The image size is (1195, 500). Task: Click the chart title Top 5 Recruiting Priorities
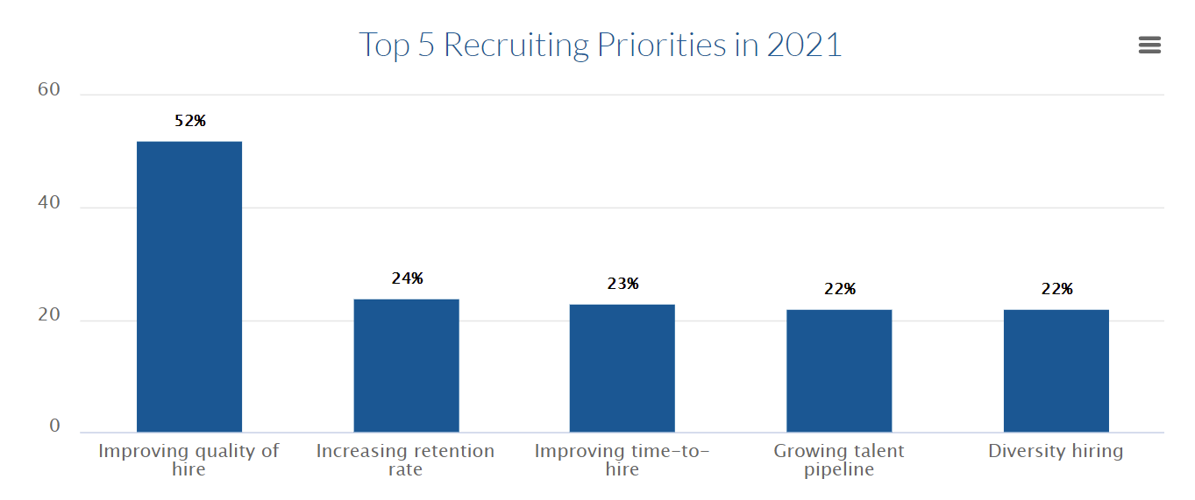(x=600, y=45)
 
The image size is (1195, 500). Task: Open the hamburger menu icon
(x=1149, y=46)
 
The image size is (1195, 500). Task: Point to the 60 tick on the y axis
(x=49, y=90)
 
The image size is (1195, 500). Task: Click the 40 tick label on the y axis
(x=49, y=203)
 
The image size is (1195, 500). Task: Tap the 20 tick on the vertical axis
(x=49, y=316)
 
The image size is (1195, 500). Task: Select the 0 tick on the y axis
(x=55, y=426)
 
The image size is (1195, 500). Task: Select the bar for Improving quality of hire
(x=189, y=286)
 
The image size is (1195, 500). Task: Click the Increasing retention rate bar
(x=406, y=365)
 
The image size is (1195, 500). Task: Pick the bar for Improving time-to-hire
(x=622, y=368)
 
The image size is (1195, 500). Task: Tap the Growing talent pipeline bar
(x=839, y=370)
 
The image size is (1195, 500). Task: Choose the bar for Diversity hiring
(x=1056, y=370)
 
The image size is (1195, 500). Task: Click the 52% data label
(x=190, y=121)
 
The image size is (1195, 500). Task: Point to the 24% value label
(x=407, y=278)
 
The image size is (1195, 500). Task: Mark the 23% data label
(x=623, y=284)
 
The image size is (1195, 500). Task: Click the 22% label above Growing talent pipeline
(x=840, y=289)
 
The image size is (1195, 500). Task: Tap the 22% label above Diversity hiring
(x=1056, y=289)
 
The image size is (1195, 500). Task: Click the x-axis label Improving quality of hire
(x=188, y=460)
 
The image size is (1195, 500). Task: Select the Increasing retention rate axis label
(x=405, y=460)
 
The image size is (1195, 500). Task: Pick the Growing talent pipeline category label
(x=839, y=460)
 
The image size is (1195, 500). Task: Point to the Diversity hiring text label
(x=1056, y=451)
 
